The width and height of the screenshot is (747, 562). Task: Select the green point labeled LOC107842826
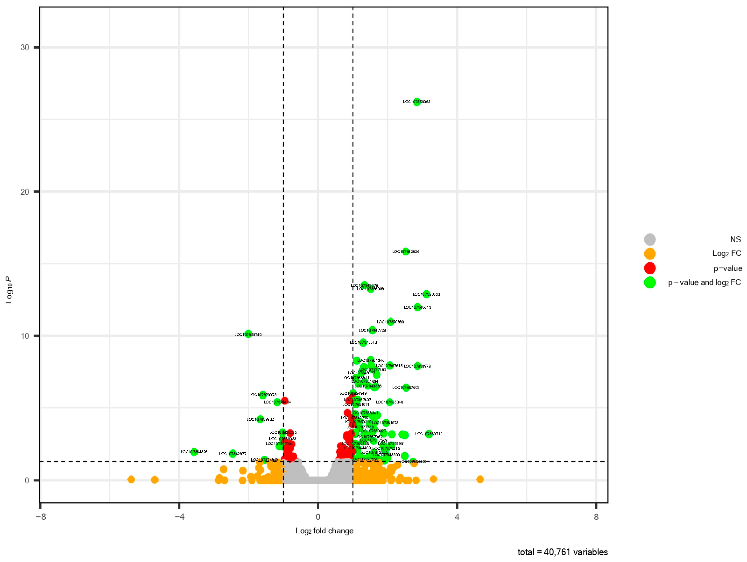406,252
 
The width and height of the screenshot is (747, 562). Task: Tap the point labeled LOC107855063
427,294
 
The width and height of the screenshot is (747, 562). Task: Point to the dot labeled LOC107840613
418,307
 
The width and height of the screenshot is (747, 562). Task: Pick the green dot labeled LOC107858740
248,334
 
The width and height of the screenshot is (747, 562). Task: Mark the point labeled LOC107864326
194,452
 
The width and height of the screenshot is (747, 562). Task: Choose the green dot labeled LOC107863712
429,434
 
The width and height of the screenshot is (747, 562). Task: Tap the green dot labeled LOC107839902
260,419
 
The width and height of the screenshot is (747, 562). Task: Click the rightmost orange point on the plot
480,479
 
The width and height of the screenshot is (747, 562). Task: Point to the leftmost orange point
131,480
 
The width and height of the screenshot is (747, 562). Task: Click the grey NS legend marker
650,240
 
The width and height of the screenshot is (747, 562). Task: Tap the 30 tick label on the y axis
25,47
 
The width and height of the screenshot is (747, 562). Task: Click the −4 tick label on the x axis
179,517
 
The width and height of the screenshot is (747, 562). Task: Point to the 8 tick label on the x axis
596,517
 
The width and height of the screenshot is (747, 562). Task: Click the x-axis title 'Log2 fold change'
324,531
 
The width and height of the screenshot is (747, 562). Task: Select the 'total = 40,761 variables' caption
563,552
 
